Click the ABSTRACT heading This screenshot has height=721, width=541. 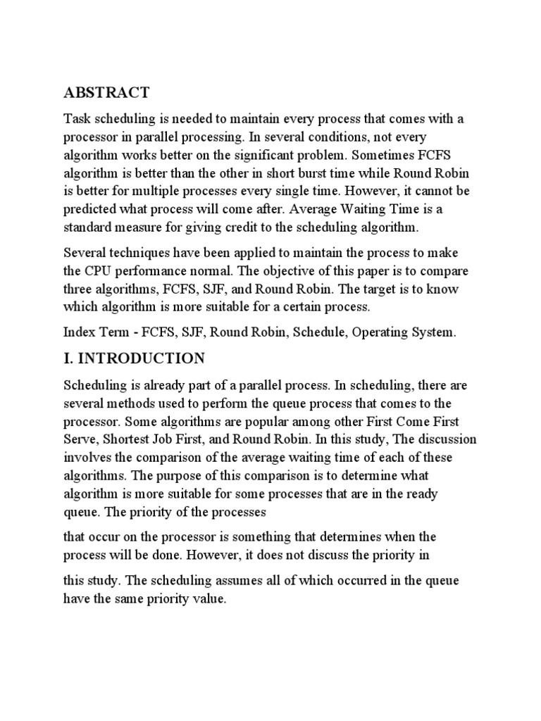[106, 93]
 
